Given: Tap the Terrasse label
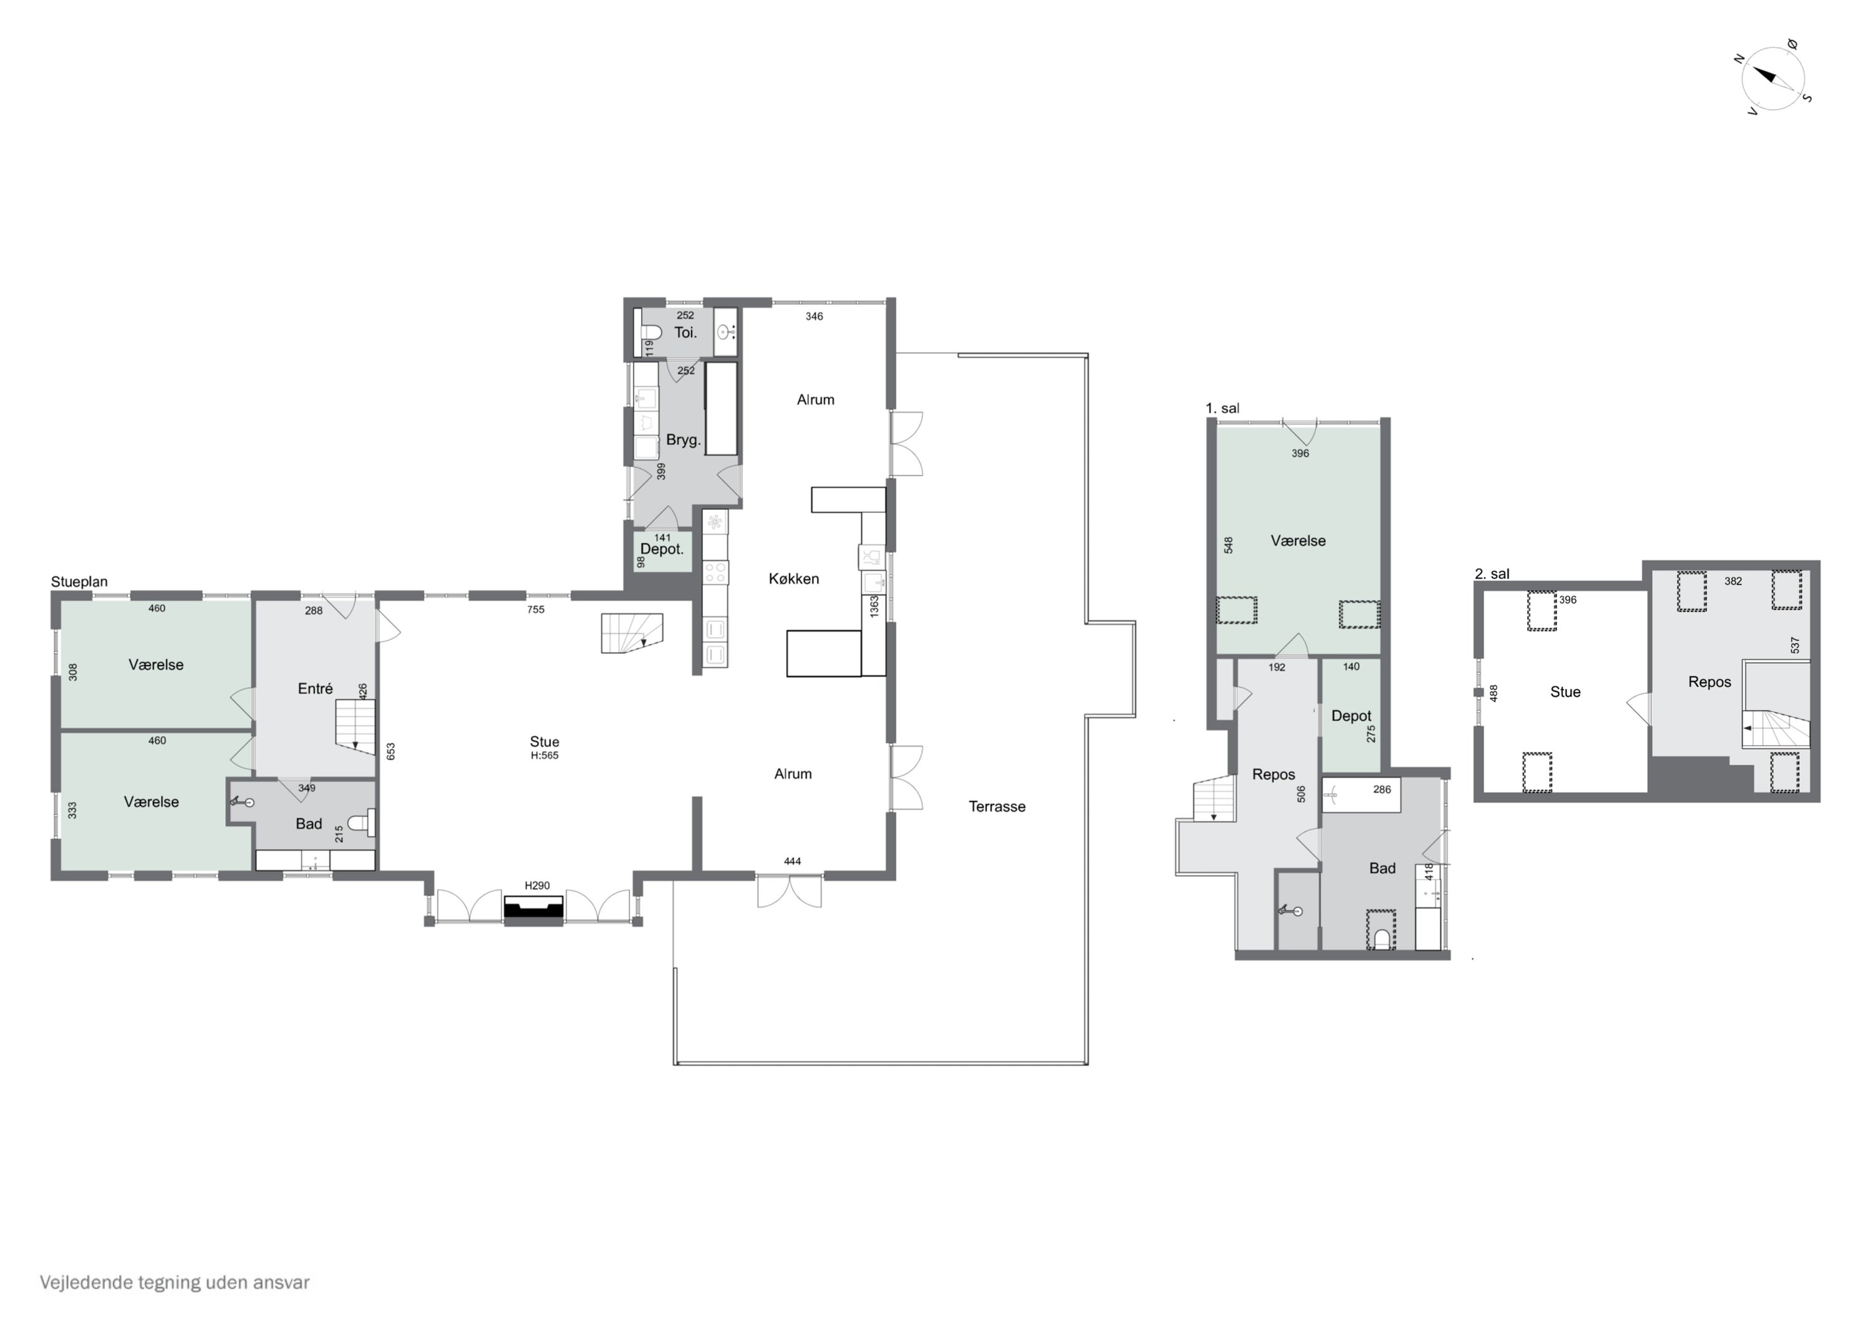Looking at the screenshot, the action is [997, 807].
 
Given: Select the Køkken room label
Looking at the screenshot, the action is [794, 578].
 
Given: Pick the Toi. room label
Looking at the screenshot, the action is [685, 332].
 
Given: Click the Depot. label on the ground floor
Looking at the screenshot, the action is [662, 549].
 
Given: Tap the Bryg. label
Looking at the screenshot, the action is [683, 440].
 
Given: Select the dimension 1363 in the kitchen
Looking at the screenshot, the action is [874, 606].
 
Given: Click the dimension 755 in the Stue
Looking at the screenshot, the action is [535, 610].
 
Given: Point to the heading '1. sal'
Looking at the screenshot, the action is [1222, 408].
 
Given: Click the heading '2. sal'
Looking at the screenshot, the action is [1492, 573].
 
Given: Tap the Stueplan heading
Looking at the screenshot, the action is [79, 582].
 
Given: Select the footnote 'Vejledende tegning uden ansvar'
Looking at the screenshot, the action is [175, 1282].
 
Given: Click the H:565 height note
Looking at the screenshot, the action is [544, 755].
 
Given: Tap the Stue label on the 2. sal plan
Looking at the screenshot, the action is [1565, 692].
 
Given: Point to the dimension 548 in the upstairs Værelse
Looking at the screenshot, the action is [1228, 545].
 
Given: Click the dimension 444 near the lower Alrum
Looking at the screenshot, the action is [792, 861].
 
